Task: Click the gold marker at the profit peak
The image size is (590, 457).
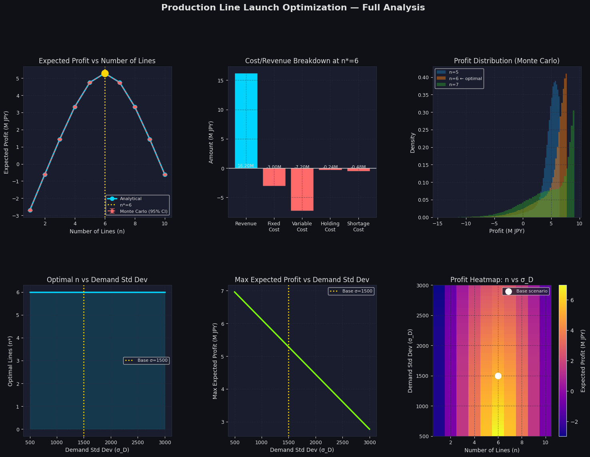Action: (105, 73)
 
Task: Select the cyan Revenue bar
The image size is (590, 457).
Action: (246, 120)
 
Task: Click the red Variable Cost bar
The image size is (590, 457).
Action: (302, 189)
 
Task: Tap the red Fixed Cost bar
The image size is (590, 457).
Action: (274, 177)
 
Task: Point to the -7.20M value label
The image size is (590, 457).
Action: (302, 166)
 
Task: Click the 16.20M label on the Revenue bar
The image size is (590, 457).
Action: (246, 166)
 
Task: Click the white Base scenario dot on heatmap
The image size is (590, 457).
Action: (498, 376)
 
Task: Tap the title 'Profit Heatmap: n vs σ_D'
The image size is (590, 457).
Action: (492, 280)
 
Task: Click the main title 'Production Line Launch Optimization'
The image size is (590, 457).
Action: (293, 8)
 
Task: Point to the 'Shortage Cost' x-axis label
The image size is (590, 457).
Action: (358, 226)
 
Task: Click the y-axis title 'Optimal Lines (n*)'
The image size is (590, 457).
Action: (10, 361)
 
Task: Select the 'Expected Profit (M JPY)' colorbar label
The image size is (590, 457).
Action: (583, 361)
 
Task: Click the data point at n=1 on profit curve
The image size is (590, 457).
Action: (30, 210)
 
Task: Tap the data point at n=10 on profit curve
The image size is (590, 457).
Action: (165, 174)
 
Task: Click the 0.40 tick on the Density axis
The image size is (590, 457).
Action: (423, 77)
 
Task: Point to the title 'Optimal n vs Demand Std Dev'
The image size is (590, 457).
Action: (97, 280)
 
